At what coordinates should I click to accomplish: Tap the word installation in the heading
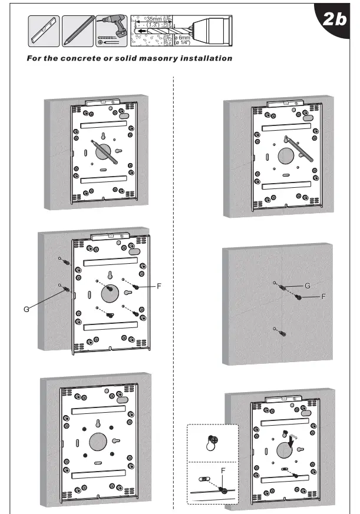tap(207, 58)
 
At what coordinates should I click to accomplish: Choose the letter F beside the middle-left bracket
tap(158, 286)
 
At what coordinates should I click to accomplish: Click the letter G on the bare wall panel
tap(307, 286)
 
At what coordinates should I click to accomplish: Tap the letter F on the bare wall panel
tap(323, 297)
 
